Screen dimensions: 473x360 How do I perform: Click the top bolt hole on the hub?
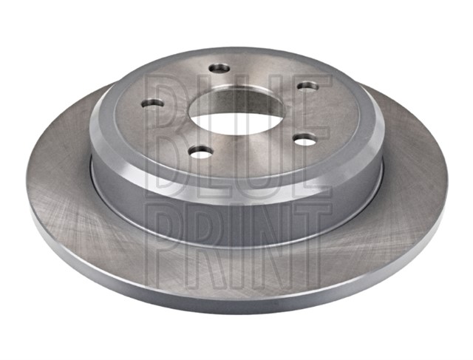coord(220,69)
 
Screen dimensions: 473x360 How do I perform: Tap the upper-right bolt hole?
coord(308,86)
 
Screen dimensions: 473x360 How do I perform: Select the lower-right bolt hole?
coord(305,140)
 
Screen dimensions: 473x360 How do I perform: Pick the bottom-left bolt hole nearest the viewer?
coord(200,152)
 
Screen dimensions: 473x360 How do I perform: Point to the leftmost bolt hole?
coord(152,103)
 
